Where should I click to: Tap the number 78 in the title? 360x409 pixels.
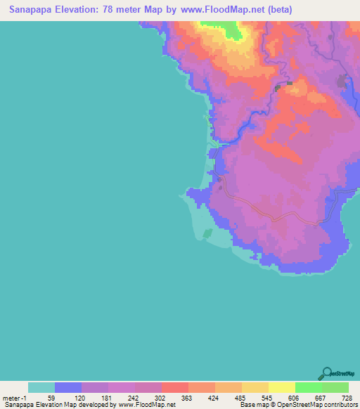coord(122,10)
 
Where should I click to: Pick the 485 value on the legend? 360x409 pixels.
coord(241,398)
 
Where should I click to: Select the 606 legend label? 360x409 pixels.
coord(295,398)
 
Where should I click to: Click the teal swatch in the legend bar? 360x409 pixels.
coord(41,387)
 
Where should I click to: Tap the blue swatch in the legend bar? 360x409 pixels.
coord(68,387)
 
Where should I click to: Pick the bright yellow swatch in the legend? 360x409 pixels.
coord(281,387)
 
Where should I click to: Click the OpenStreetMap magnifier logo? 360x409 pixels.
coord(326,373)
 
